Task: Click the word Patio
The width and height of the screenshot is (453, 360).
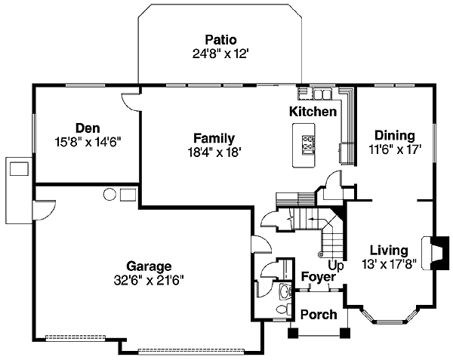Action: click(x=220, y=39)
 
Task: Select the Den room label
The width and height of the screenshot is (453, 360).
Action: click(x=88, y=128)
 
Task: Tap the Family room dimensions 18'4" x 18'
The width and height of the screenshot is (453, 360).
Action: click(x=213, y=151)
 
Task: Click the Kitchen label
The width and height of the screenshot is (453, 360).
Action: click(x=313, y=112)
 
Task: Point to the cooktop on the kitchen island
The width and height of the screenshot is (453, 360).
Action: click(x=309, y=143)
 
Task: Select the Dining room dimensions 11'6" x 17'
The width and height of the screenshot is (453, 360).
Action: click(x=394, y=149)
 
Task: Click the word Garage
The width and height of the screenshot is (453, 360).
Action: click(x=149, y=266)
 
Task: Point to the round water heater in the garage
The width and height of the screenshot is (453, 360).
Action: click(x=109, y=195)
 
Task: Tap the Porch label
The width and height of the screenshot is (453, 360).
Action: click(x=318, y=313)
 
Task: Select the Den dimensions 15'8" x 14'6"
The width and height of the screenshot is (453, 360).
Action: click(x=88, y=140)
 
